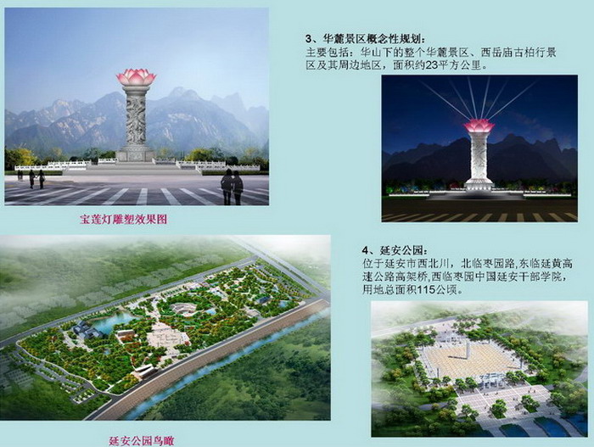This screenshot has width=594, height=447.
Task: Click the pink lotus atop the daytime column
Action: [x=137, y=77]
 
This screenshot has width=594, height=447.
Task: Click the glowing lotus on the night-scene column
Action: [x=479, y=126]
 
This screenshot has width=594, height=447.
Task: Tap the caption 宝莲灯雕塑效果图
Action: [x=124, y=220]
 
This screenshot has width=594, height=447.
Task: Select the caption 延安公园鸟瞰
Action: [x=142, y=441]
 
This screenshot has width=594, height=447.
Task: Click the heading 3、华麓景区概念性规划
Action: [x=365, y=39]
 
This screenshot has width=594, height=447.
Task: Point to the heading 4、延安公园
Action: [x=395, y=250]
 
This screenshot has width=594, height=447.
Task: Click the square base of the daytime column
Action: [x=136, y=154]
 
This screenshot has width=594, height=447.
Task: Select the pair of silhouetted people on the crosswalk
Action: [x=232, y=187]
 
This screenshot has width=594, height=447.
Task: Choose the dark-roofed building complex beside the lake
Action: [x=89, y=332]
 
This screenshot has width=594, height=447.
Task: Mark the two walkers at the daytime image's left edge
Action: [x=36, y=179]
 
